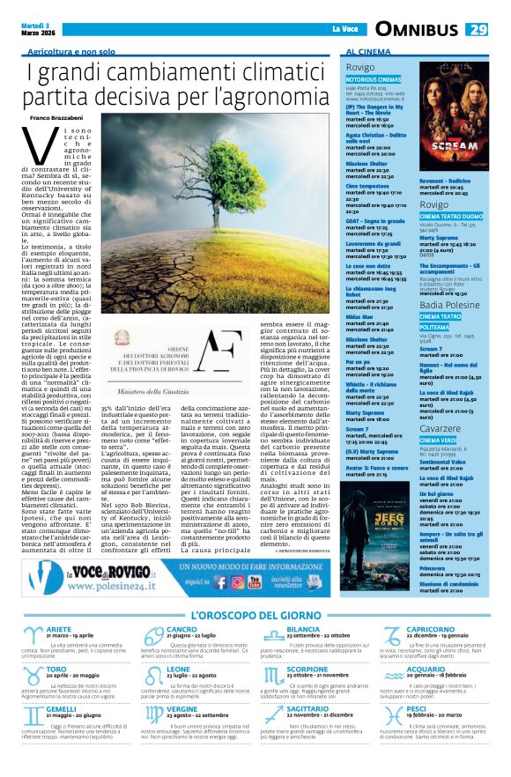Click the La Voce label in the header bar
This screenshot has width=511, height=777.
click(345, 30)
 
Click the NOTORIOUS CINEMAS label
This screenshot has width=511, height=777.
click(374, 79)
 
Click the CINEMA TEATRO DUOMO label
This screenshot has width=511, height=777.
click(451, 216)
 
